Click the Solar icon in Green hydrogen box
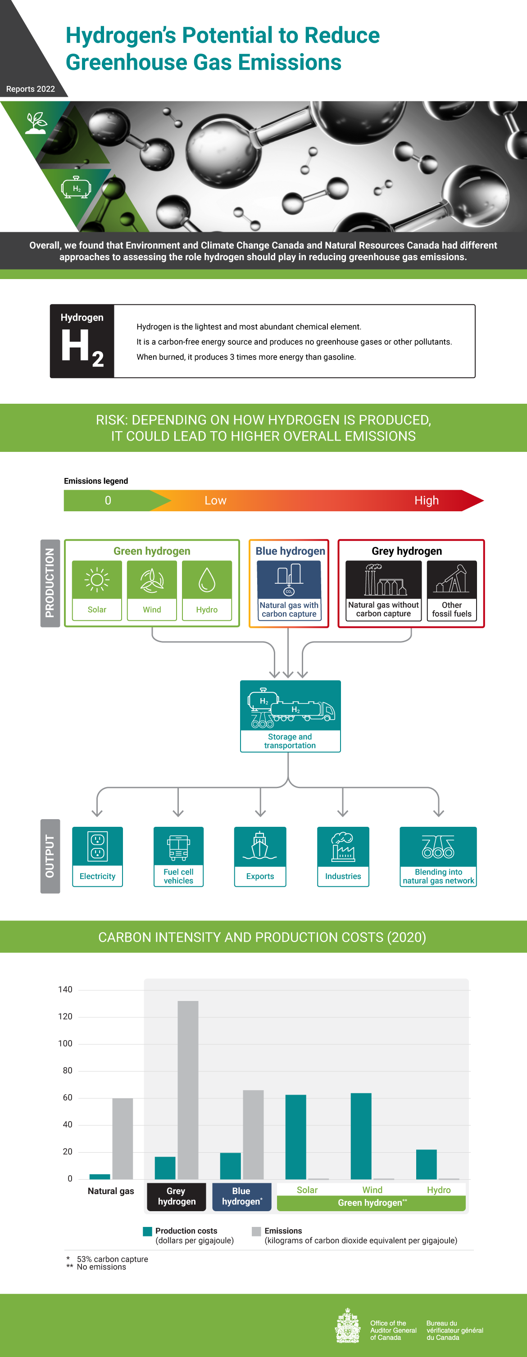(x=97, y=580)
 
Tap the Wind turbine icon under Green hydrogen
(x=152, y=580)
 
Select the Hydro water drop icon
(x=207, y=580)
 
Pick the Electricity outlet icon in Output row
(x=97, y=846)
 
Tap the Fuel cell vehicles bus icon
(x=178, y=847)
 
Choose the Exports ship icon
(x=260, y=846)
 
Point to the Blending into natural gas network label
(x=438, y=876)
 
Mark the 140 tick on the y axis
(x=65, y=989)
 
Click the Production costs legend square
(x=148, y=1231)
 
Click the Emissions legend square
(x=257, y=1231)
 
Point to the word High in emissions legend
(x=427, y=500)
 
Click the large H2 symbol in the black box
(x=82, y=347)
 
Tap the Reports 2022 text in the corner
(x=31, y=89)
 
